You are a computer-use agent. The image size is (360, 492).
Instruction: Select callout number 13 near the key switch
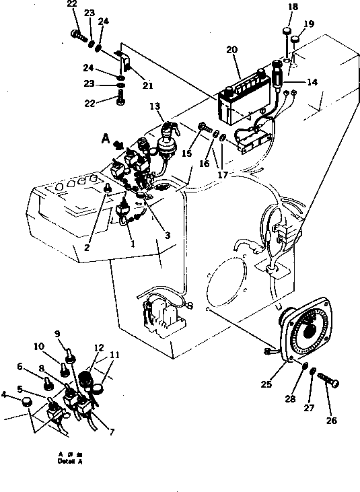click(155, 106)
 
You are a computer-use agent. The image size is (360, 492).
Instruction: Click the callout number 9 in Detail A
click(57, 333)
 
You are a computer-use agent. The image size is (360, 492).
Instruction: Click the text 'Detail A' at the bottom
click(70, 462)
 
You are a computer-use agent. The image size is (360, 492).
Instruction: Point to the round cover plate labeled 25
click(310, 333)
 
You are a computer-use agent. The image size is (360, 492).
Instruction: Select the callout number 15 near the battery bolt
click(186, 154)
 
